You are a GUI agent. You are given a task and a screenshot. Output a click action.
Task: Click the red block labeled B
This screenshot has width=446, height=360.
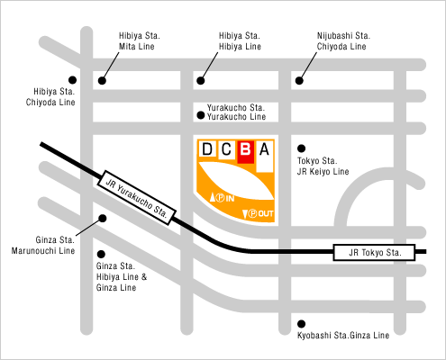(x=246, y=152)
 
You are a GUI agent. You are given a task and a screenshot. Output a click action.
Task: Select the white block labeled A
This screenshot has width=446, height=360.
(x=265, y=157)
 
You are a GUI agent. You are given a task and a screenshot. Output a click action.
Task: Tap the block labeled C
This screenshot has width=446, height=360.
(x=226, y=149)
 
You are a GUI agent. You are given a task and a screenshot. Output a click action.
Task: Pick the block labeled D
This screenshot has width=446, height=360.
(x=207, y=148)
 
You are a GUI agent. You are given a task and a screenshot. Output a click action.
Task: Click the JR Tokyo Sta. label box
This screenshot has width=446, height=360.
(x=374, y=252)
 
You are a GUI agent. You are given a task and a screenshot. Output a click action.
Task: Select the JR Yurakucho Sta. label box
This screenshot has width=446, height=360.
(x=136, y=198)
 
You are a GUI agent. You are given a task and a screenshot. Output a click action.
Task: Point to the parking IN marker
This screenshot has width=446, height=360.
(x=223, y=198)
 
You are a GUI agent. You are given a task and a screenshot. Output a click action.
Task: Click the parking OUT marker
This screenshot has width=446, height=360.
(x=258, y=213)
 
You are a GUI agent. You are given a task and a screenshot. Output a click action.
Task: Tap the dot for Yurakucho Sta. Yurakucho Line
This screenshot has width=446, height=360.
(x=201, y=115)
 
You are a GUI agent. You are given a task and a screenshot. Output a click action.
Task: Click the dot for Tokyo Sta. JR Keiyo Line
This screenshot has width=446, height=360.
(x=301, y=148)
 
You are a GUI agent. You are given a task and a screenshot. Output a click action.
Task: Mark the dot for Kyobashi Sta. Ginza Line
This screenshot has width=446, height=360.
(x=301, y=324)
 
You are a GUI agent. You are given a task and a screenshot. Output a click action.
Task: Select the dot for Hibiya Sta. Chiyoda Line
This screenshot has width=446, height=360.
(x=72, y=80)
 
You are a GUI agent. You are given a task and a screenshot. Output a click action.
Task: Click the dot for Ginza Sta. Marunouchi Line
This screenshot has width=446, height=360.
(x=103, y=219)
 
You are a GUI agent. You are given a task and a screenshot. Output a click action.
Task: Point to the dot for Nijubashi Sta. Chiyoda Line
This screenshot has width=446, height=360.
(x=299, y=80)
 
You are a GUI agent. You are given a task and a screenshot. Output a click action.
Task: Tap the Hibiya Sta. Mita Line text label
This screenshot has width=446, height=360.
(x=140, y=41)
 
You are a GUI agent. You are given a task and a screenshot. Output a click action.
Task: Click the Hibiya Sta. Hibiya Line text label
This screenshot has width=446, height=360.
(x=240, y=41)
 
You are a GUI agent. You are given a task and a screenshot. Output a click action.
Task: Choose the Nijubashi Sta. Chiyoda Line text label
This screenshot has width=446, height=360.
(x=343, y=41)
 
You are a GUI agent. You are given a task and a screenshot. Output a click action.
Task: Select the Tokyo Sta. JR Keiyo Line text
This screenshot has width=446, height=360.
(x=323, y=166)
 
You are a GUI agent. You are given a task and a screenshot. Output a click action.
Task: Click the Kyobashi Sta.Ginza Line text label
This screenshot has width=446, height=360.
(x=343, y=335)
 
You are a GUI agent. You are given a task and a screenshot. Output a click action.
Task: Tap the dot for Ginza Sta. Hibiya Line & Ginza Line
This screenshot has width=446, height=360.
(x=101, y=255)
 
